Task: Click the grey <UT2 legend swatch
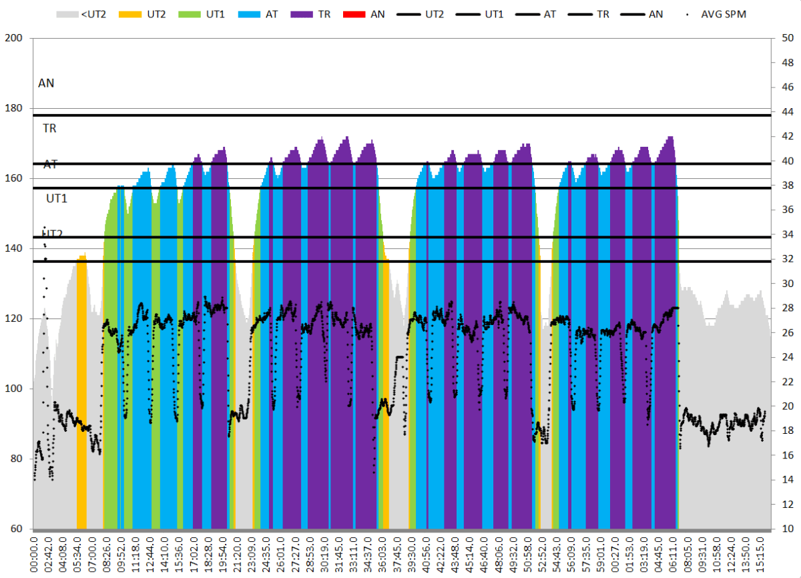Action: [x=66, y=13]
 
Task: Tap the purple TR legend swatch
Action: [x=302, y=13]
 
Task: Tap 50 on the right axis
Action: [x=788, y=38]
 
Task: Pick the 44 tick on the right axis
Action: [x=788, y=111]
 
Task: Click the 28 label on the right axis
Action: [x=788, y=308]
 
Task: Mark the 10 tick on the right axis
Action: [x=788, y=529]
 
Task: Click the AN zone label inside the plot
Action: [x=47, y=83]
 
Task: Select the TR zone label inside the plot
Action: [x=49, y=128]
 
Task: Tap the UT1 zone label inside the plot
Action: [x=57, y=198]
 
